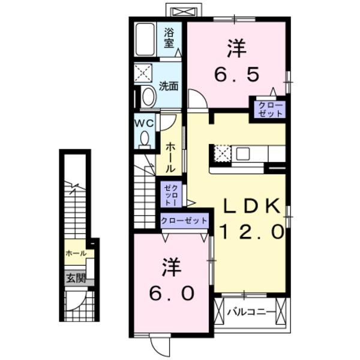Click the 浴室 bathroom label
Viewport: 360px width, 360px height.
(x=169, y=38)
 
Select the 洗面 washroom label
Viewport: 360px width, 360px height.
(x=169, y=86)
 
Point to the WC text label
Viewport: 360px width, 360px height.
(x=145, y=122)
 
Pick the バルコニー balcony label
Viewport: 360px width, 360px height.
(x=251, y=311)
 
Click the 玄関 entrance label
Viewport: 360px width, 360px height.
(x=76, y=278)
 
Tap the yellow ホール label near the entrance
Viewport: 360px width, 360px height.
(x=76, y=253)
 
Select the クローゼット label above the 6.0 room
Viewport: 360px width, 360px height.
(x=184, y=221)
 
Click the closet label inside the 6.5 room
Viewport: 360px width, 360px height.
(x=268, y=109)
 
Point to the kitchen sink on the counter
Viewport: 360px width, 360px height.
(x=243, y=154)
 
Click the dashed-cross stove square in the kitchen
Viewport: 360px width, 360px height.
(x=223, y=154)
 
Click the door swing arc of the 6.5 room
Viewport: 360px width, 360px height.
(x=197, y=98)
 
